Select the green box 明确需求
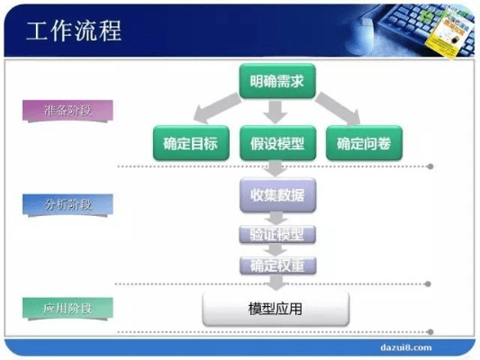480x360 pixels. [x=277, y=81]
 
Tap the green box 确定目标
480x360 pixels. [x=190, y=142]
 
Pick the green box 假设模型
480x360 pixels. [x=277, y=142]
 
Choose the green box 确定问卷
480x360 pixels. [x=364, y=142]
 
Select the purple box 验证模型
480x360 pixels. [x=277, y=235]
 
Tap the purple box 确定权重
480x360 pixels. [x=277, y=265]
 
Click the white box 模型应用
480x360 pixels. [x=276, y=309]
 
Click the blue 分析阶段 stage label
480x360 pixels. [x=68, y=204]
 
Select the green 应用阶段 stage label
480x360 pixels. [x=68, y=309]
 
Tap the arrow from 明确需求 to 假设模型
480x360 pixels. [x=277, y=112]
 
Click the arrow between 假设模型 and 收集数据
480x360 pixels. [x=277, y=168]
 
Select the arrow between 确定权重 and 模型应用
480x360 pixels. [x=277, y=283]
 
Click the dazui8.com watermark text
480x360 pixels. [x=403, y=346]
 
